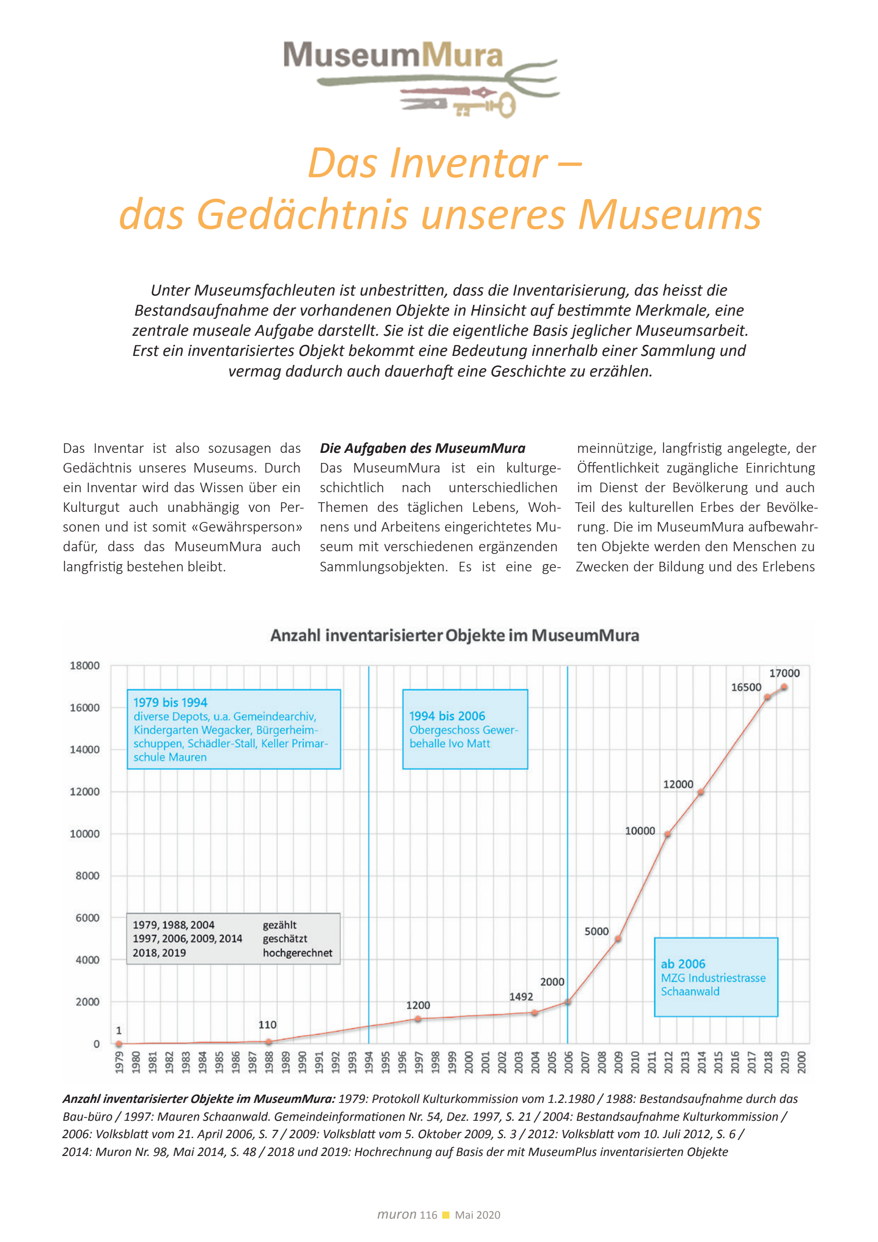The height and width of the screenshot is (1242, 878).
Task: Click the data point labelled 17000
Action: pos(784,687)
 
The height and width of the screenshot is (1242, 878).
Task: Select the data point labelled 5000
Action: pos(618,939)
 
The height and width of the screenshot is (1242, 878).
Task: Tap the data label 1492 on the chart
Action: pos(521,996)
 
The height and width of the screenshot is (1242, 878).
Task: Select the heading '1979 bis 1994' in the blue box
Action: pos(170,702)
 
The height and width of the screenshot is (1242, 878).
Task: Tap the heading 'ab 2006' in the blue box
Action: pos(683,964)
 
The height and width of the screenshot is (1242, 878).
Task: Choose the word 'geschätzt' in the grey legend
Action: pos(285,939)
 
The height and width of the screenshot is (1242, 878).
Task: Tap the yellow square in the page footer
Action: pos(446,1215)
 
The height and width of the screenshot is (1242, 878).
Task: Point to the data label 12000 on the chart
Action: pos(678,785)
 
